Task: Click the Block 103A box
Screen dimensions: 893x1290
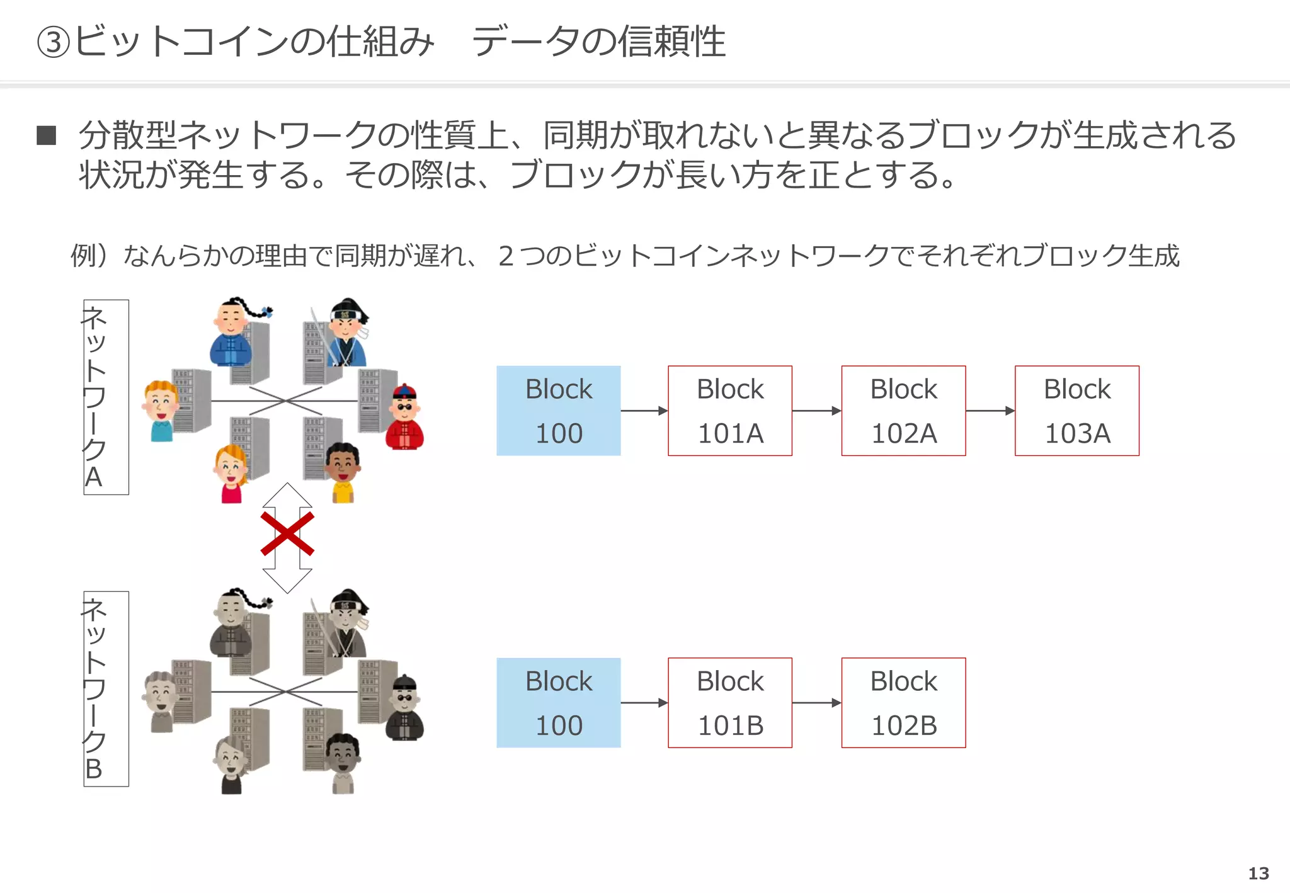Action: [x=1076, y=411]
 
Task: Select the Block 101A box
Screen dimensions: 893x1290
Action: [x=729, y=411]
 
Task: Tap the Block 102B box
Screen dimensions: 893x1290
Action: [x=903, y=703]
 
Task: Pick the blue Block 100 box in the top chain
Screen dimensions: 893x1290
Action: [x=558, y=411]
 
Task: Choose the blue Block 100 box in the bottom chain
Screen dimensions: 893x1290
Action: [x=558, y=703]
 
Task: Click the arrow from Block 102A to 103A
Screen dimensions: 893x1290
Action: [x=990, y=411]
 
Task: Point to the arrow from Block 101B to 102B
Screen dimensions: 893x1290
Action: [x=816, y=703]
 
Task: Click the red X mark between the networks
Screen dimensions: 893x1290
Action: [x=287, y=533]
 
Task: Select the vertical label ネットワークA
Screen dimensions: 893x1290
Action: [x=106, y=397]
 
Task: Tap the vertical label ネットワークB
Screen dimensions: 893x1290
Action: [x=106, y=688]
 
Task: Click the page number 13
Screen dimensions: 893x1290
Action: [x=1258, y=873]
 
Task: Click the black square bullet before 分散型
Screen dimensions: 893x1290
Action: [x=47, y=135]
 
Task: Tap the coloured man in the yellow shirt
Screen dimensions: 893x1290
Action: [x=343, y=472]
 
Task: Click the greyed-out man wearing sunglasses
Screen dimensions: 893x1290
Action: [x=404, y=708]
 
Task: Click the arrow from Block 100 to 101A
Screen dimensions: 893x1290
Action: [x=644, y=411]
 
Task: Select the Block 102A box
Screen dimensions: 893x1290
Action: [x=903, y=411]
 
